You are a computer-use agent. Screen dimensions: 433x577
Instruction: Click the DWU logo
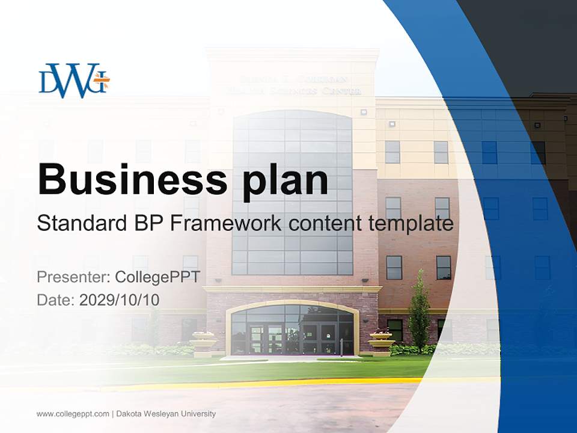(x=73, y=81)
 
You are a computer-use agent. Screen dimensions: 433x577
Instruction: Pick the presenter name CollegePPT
(x=157, y=277)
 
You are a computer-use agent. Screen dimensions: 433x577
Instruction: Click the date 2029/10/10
(x=119, y=299)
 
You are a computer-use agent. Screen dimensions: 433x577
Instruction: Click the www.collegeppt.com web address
(x=73, y=414)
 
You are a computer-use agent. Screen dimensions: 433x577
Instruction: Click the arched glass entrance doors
(x=292, y=331)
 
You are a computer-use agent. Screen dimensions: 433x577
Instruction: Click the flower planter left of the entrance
(x=203, y=342)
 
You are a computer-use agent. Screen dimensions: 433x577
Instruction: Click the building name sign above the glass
(x=293, y=85)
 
